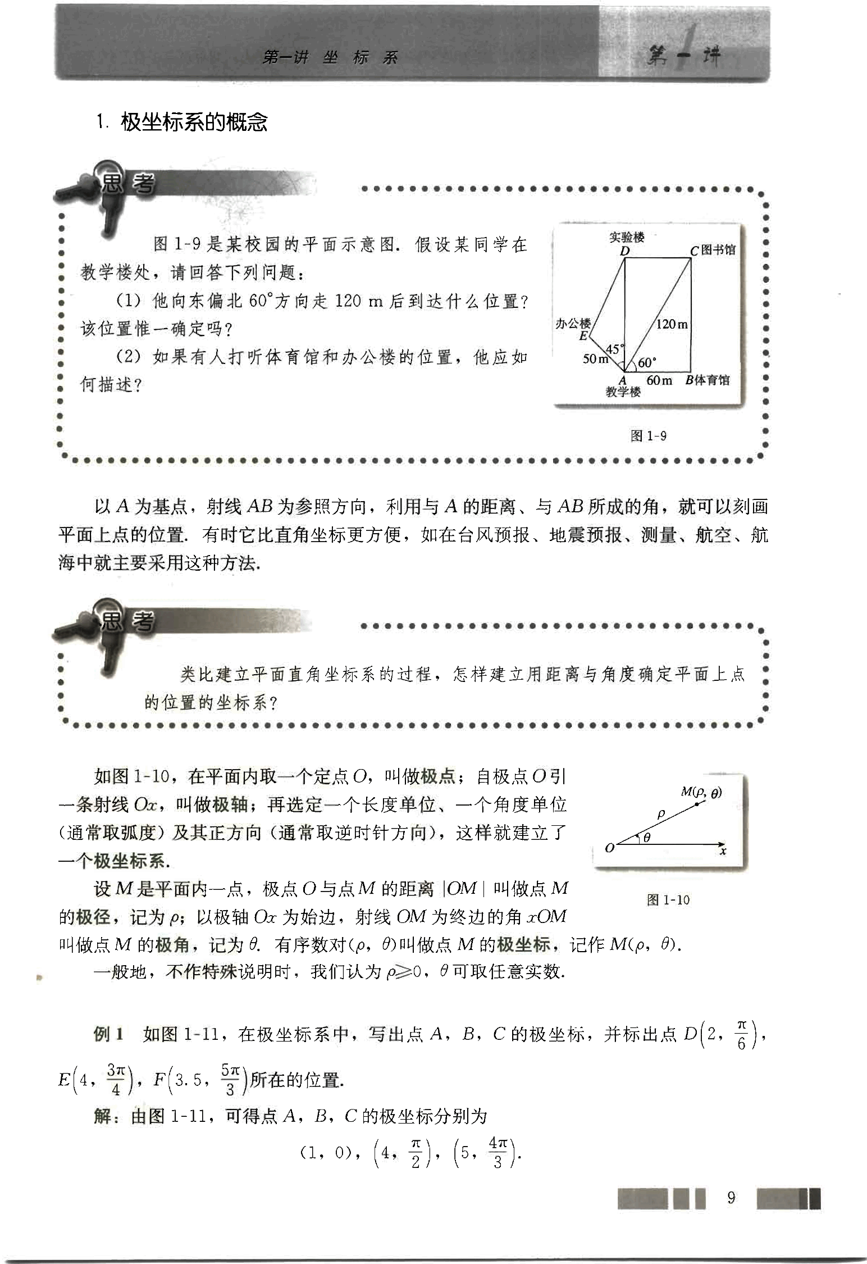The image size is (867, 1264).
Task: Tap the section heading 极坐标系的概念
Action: click(x=194, y=122)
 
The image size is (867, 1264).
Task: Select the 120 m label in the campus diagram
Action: click(x=672, y=324)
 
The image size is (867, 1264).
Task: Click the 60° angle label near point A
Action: click(x=647, y=362)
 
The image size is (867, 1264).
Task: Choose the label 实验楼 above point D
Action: click(x=627, y=238)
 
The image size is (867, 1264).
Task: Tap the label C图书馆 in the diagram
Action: click(x=713, y=250)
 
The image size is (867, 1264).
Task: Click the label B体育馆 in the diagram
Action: click(x=708, y=380)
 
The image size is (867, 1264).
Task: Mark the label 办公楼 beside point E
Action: click(x=573, y=323)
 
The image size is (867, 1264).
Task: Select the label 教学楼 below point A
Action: click(x=623, y=392)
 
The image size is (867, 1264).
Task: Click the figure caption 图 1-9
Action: click(x=649, y=436)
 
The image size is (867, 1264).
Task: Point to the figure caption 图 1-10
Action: click(x=668, y=900)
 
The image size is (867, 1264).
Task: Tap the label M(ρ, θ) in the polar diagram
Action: click(x=701, y=793)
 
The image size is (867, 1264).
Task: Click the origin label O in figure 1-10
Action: click(x=609, y=848)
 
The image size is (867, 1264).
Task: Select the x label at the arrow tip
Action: click(x=723, y=851)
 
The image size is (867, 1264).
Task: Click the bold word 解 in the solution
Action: click(x=103, y=1116)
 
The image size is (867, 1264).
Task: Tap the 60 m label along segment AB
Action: click(x=659, y=380)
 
